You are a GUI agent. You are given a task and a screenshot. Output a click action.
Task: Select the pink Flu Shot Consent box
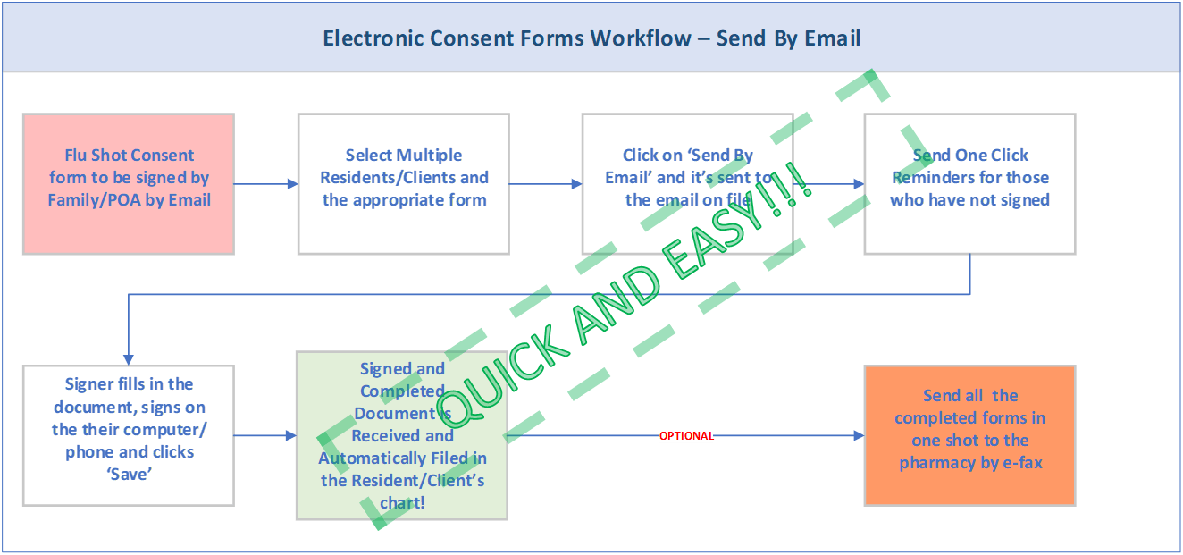pyautogui.click(x=129, y=183)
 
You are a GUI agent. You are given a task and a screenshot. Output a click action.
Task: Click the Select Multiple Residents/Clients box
pyautogui.click(x=403, y=183)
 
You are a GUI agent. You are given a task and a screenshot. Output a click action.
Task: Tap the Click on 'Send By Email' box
pyautogui.click(x=687, y=183)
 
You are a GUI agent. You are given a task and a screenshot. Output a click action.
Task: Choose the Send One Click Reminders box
pyautogui.click(x=969, y=183)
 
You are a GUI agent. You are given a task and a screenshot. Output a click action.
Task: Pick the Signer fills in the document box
pyautogui.click(x=129, y=435)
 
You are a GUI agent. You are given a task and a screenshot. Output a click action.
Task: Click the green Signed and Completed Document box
pyautogui.click(x=402, y=435)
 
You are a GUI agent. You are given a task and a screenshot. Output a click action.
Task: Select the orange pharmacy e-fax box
pyautogui.click(x=969, y=435)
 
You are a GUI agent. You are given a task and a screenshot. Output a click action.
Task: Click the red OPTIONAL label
pyautogui.click(x=685, y=436)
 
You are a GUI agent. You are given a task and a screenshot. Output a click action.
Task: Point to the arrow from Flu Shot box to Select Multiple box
pyautogui.click(x=265, y=183)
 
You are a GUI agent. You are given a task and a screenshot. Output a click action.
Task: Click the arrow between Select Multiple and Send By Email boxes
pyautogui.click(x=545, y=184)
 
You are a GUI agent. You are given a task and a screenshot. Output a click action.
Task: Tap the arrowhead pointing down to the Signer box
pyautogui.click(x=129, y=358)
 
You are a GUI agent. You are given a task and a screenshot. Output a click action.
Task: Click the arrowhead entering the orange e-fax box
pyautogui.click(x=858, y=436)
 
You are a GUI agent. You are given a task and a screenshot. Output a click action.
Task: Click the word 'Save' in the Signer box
pyautogui.click(x=130, y=475)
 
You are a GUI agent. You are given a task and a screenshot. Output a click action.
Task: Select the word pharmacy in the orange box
pyautogui.click(x=940, y=463)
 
